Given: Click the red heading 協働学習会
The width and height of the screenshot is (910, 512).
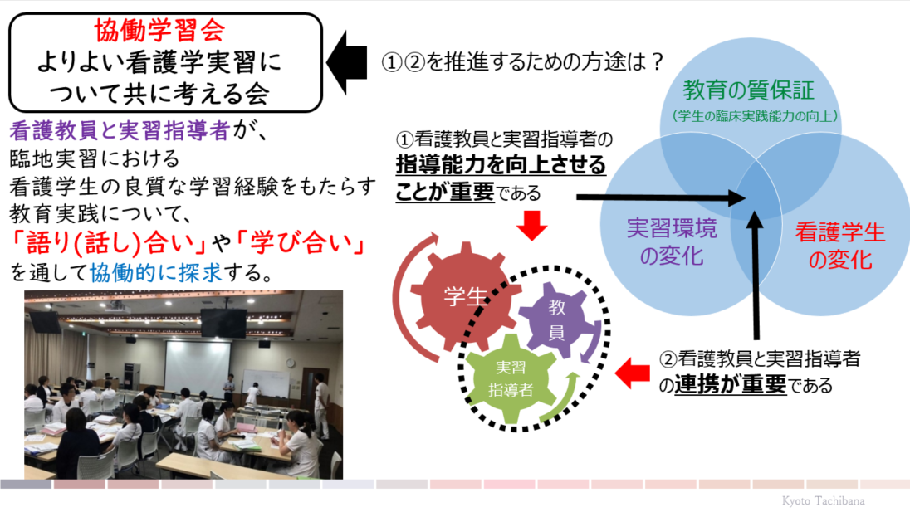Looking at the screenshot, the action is (x=159, y=30).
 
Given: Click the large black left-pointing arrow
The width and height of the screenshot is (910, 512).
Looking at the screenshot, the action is (x=347, y=62).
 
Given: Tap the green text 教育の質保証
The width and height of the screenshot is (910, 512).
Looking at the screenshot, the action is (x=749, y=90).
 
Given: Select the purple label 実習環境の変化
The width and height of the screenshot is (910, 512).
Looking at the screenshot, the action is (x=672, y=241).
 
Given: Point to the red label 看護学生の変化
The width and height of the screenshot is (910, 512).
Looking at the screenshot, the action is (x=839, y=246).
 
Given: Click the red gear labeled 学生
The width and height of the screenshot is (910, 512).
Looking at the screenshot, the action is (x=465, y=296).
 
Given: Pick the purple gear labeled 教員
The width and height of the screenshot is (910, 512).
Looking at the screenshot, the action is (x=556, y=319).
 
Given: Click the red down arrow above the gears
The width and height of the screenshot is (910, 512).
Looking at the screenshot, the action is (x=531, y=226).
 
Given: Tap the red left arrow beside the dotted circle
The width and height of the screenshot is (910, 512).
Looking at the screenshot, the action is (x=632, y=373).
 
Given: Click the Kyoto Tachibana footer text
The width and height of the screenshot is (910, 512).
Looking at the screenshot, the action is (x=823, y=500).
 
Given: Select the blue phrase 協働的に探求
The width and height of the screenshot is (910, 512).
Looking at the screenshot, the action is (x=156, y=272).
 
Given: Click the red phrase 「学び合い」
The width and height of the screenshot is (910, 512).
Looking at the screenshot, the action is (x=300, y=243).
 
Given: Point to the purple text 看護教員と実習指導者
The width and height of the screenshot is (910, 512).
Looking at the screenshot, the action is (x=120, y=131).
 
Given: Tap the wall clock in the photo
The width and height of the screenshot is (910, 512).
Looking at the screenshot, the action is (x=290, y=363).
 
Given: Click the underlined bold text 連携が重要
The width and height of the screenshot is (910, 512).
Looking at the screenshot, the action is (x=731, y=384).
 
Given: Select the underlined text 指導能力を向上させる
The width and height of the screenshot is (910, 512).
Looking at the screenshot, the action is (x=501, y=164).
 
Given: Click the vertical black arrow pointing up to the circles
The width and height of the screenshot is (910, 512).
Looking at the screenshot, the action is (x=755, y=276).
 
